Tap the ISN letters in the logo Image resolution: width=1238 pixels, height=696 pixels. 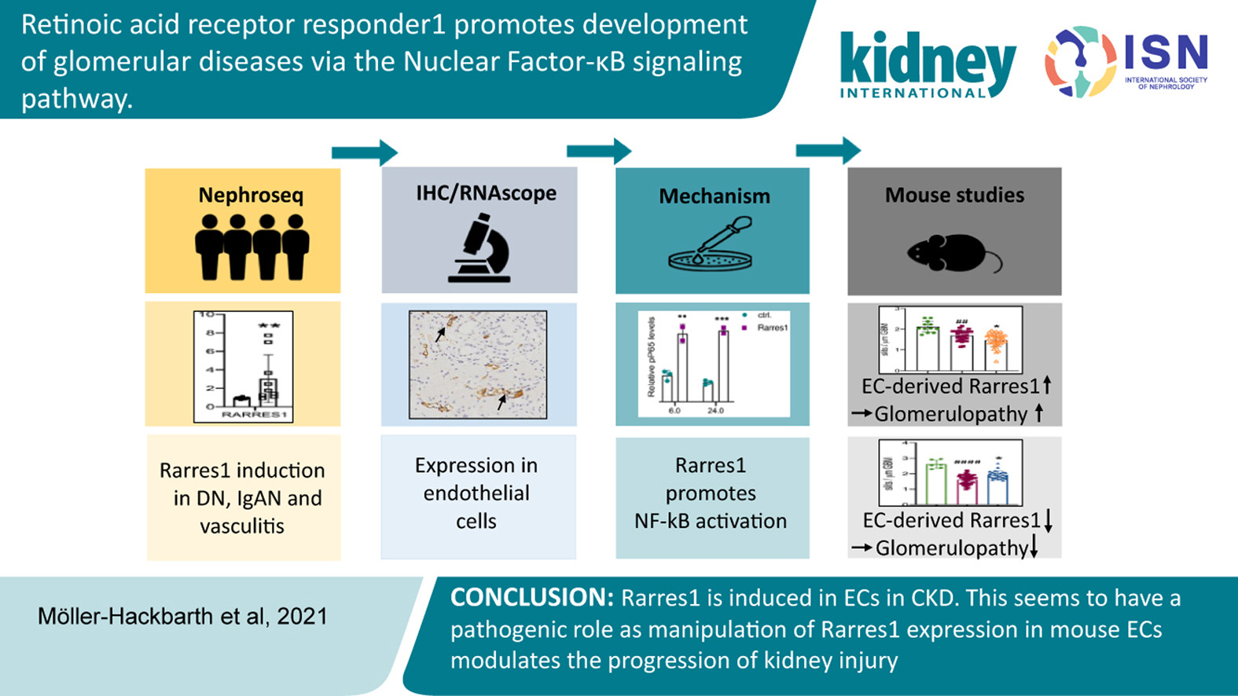tap(1166, 53)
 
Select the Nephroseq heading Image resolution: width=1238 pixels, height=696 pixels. tap(250, 195)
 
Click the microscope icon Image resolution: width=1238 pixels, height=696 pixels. tap(479, 250)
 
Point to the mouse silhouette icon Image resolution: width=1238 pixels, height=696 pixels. tap(953, 254)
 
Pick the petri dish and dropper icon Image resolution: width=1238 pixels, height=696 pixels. tap(711, 247)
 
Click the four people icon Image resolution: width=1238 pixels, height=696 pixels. tap(252, 247)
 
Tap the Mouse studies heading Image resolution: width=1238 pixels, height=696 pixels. tap(954, 195)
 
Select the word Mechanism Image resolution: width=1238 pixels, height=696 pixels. tap(714, 196)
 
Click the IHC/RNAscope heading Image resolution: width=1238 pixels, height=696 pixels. tap(486, 193)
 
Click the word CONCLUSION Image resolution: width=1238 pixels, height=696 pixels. tap(531, 598)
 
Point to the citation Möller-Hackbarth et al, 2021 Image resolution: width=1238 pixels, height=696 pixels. tap(182, 616)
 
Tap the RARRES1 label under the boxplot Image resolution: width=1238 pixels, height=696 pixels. tap(254, 414)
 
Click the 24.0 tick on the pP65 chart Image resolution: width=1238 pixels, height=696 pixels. tap(715, 410)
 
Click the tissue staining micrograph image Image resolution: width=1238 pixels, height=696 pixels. tap(477, 364)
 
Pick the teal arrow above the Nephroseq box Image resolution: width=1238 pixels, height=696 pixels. tap(364, 152)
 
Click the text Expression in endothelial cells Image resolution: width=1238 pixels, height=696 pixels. tap(476, 493)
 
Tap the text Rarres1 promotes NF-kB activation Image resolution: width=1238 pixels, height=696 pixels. tap(711, 493)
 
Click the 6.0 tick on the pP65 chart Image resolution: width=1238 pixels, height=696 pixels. tap(674, 410)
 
